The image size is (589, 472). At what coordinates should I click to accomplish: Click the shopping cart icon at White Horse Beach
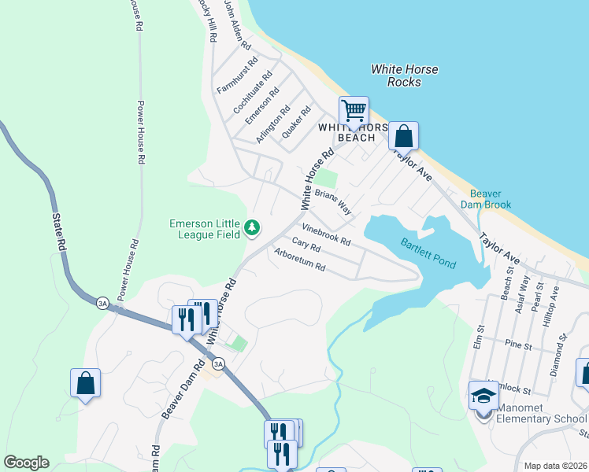click(x=354, y=110)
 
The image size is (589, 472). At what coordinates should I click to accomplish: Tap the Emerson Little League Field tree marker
click(x=252, y=228)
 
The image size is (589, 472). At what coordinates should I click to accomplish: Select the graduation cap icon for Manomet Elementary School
click(x=483, y=396)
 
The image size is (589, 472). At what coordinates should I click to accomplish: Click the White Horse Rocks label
click(x=405, y=76)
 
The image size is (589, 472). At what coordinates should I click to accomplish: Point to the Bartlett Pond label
click(x=428, y=253)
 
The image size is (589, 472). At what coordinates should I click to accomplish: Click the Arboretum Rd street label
click(x=300, y=260)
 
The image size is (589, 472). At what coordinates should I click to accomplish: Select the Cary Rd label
click(x=306, y=245)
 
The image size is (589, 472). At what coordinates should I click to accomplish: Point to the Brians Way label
click(x=333, y=202)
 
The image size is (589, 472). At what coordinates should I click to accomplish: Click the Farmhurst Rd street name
click(x=238, y=76)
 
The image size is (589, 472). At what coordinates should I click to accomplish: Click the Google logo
click(x=26, y=463)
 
